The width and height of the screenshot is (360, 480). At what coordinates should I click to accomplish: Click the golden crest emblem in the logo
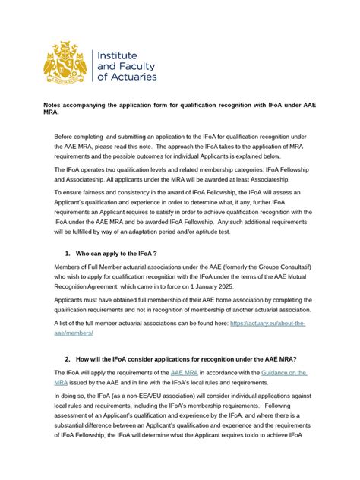[65, 62]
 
